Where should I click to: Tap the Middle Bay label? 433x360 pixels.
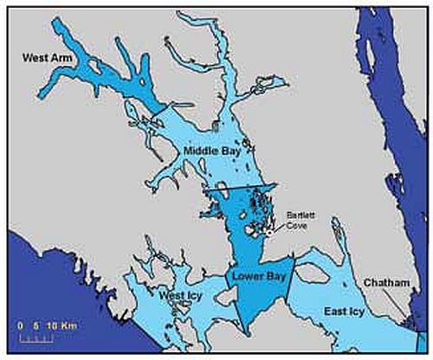pos(211,150)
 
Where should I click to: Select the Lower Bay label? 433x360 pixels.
pos(255,278)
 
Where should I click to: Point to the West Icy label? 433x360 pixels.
pos(182,295)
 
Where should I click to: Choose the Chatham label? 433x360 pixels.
pos(385,283)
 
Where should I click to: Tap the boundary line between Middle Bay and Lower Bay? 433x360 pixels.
pos(238,188)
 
